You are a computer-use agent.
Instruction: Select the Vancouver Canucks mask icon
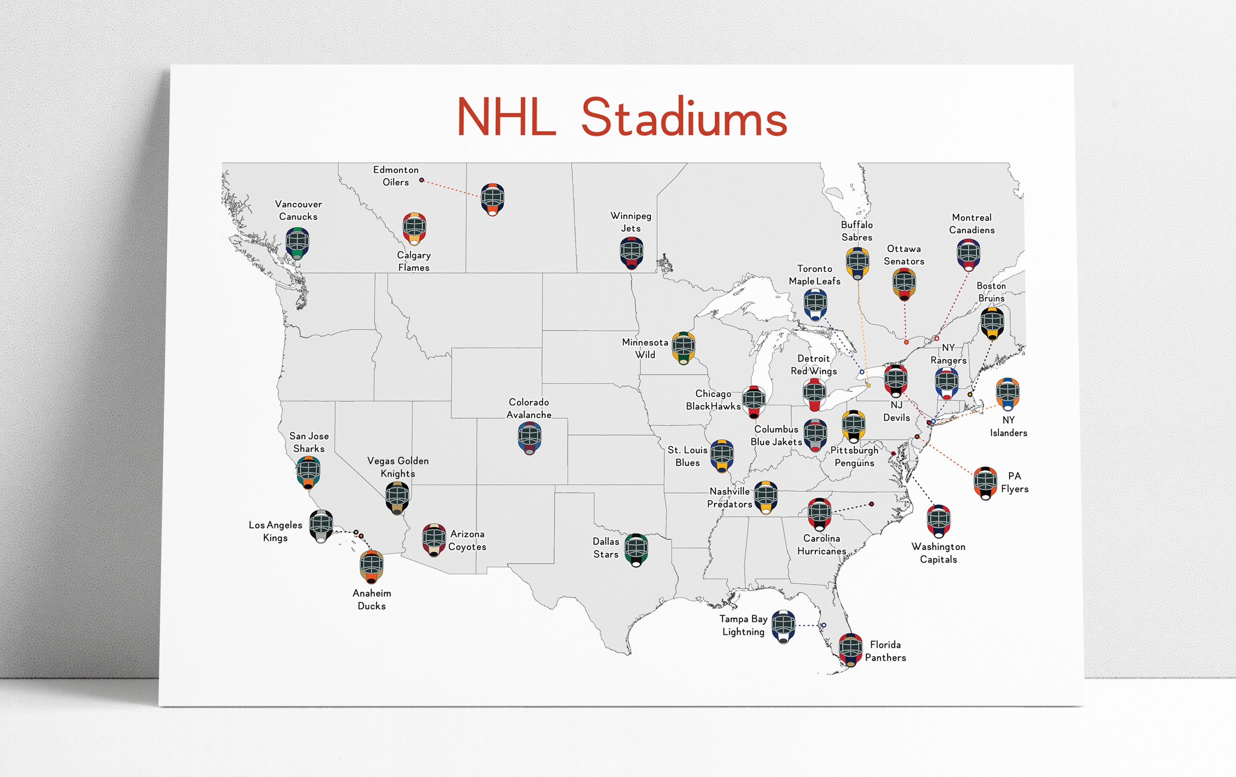point(297,243)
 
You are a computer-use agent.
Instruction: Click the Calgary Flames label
point(414,261)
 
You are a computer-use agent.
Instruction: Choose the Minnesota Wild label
point(645,349)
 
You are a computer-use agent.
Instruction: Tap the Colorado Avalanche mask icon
point(529,438)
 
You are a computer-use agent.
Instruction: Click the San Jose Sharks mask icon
point(309,473)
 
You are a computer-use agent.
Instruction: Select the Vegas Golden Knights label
point(398,467)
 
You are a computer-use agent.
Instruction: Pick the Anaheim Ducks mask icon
point(371,566)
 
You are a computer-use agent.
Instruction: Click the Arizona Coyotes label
point(467,540)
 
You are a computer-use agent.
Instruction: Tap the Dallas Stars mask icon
point(636,550)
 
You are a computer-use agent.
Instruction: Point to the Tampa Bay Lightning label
point(743,625)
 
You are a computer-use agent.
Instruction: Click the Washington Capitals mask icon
point(938,521)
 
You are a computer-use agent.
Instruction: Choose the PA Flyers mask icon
point(985,483)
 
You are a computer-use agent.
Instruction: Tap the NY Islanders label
point(1008,427)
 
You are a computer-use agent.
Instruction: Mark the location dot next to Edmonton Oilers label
point(421,180)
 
